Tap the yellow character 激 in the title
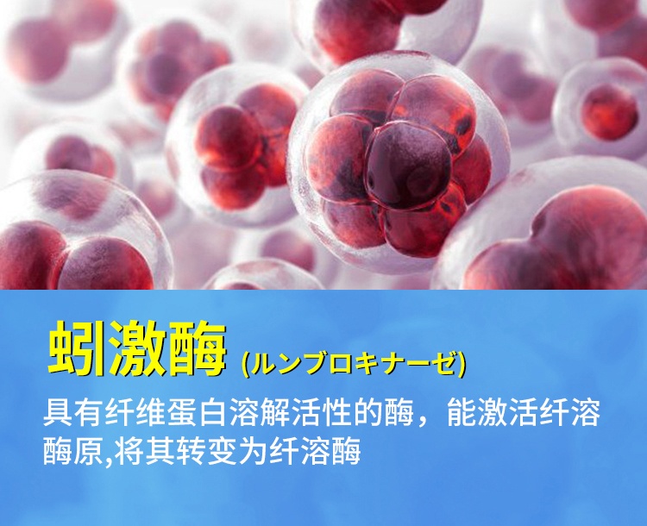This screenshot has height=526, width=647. pos(139,350)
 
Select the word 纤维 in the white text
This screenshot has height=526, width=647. pos(130,412)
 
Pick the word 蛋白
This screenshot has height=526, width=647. pos(189,412)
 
